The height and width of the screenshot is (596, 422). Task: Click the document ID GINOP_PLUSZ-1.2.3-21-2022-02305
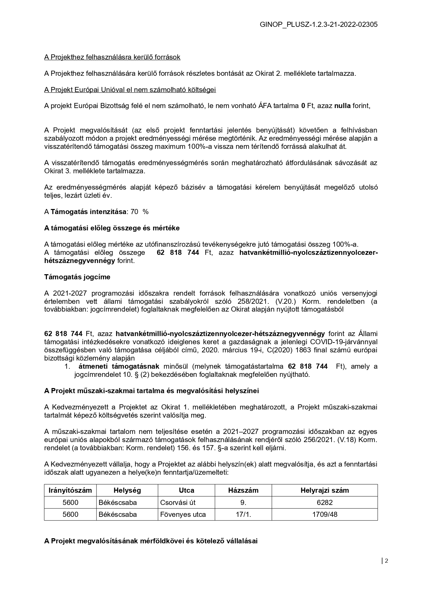(319, 24)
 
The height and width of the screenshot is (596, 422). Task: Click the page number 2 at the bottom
(386, 561)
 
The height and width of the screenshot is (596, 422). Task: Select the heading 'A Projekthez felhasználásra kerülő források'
(112, 57)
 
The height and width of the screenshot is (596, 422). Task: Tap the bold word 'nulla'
(342, 106)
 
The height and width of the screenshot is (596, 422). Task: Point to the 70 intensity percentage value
(134, 212)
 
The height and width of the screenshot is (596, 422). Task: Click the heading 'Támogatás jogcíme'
(77, 277)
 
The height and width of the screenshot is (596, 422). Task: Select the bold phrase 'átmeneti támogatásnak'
(119, 366)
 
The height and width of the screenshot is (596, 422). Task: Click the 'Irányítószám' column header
(70, 490)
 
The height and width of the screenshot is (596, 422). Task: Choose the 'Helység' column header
(127, 490)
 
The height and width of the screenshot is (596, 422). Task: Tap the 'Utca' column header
(186, 490)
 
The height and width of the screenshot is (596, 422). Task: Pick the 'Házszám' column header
(243, 490)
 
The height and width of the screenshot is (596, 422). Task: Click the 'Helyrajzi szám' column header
(324, 490)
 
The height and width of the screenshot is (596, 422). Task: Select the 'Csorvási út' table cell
(178, 503)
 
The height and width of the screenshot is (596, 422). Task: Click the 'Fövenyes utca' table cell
(183, 514)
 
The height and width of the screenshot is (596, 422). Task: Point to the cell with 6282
(324, 503)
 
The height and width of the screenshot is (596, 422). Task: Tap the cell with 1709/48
(324, 514)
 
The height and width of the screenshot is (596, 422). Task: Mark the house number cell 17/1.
(243, 514)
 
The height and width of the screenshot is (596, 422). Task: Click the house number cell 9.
(243, 503)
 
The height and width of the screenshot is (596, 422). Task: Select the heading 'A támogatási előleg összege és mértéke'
(112, 228)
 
